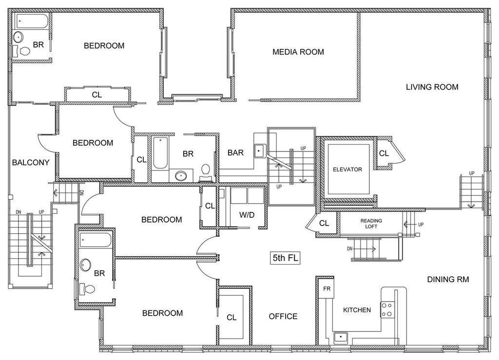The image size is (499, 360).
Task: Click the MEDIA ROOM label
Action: [298, 52]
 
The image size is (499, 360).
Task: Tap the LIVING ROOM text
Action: [432, 87]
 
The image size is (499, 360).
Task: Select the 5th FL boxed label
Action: [286, 258]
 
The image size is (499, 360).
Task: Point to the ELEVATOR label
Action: [347, 170]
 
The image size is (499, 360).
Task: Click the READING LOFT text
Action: [371, 224]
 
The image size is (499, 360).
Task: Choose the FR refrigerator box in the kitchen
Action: [327, 288]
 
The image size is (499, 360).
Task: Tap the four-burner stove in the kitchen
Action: [387, 309]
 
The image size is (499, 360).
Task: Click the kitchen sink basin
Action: [341, 337]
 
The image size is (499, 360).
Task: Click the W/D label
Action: [247, 215]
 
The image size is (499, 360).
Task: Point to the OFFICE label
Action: [283, 316]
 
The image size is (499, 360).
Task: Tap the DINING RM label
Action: [448, 279]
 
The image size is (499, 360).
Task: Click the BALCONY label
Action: [31, 163]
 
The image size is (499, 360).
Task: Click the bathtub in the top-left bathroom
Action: [32, 21]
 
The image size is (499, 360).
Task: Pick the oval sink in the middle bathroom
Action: [181, 175]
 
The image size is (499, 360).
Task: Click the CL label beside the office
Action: [231, 318]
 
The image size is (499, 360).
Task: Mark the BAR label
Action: [235, 152]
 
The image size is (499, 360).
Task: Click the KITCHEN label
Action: [357, 310]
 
